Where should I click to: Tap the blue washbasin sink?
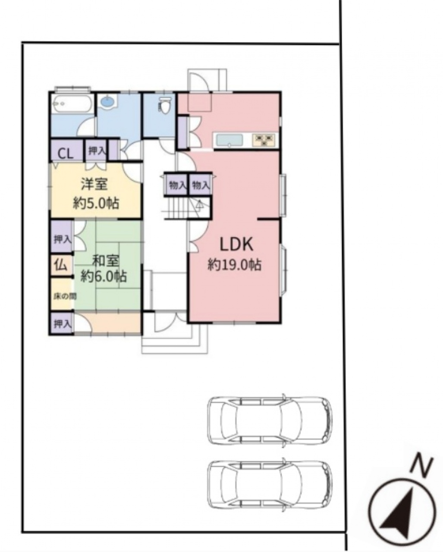(x=107, y=102)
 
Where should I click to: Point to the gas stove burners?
(x=264, y=140)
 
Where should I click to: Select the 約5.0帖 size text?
(x=96, y=204)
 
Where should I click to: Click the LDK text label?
(x=236, y=244)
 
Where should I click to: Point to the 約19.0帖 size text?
(x=235, y=264)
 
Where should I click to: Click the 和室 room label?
(x=106, y=261)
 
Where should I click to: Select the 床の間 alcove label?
(x=65, y=297)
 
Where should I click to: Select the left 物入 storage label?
(x=177, y=185)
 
